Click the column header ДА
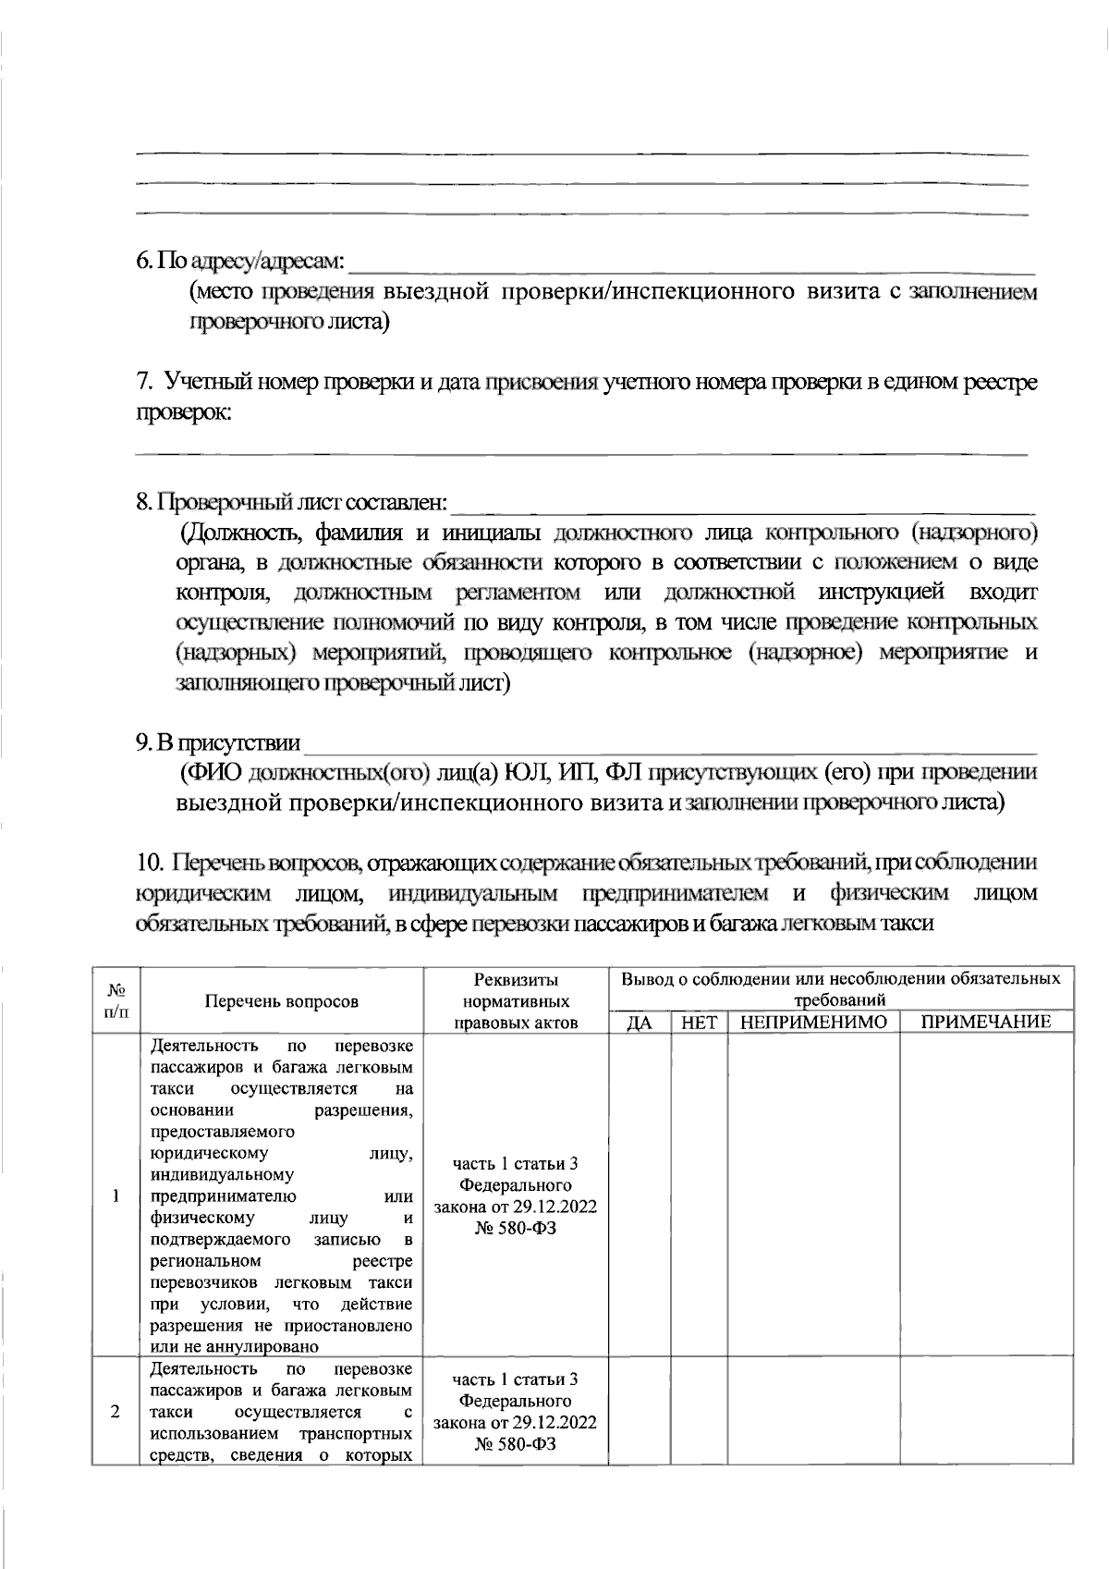[x=640, y=1022]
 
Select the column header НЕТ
[x=699, y=1022]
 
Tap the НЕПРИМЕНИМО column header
[x=813, y=1022]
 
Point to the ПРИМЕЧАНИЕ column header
[x=986, y=1022]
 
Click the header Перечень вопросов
[x=281, y=1000]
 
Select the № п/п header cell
[x=116, y=1000]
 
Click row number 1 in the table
[x=116, y=1195]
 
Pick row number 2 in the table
[x=116, y=1412]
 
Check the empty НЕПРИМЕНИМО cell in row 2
[x=813, y=1412]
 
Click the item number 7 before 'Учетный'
[x=143, y=382]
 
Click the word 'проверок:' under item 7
[x=183, y=412]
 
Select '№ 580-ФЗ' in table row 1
[x=516, y=1229]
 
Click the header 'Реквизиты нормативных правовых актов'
[x=516, y=1000]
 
